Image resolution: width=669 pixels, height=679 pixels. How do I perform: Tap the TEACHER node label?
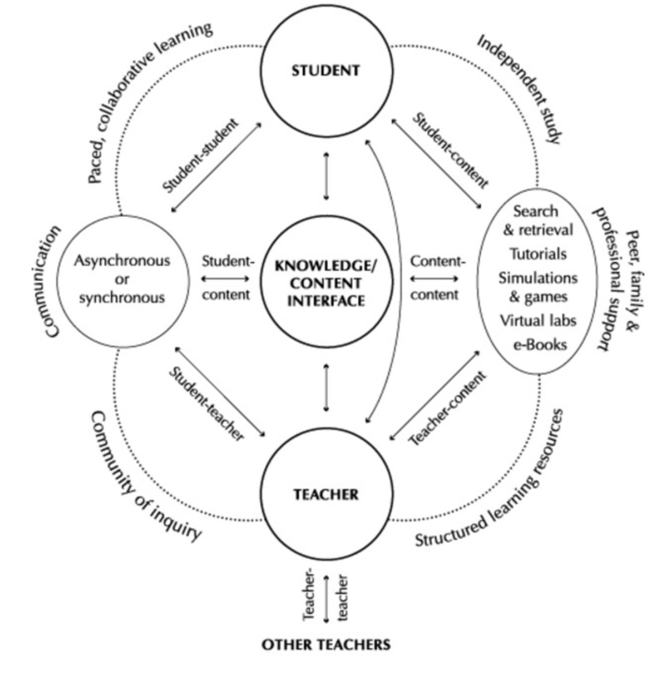(325, 495)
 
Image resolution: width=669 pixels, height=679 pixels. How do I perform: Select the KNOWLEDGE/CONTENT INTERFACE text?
(326, 280)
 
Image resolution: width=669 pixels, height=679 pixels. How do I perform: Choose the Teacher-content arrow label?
(446, 408)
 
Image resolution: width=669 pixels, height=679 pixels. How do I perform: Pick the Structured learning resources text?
(491, 480)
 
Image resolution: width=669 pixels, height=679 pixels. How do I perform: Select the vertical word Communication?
(53, 281)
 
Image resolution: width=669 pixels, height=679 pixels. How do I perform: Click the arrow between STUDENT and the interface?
(326, 179)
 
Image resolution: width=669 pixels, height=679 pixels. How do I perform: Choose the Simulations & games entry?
(538, 287)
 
